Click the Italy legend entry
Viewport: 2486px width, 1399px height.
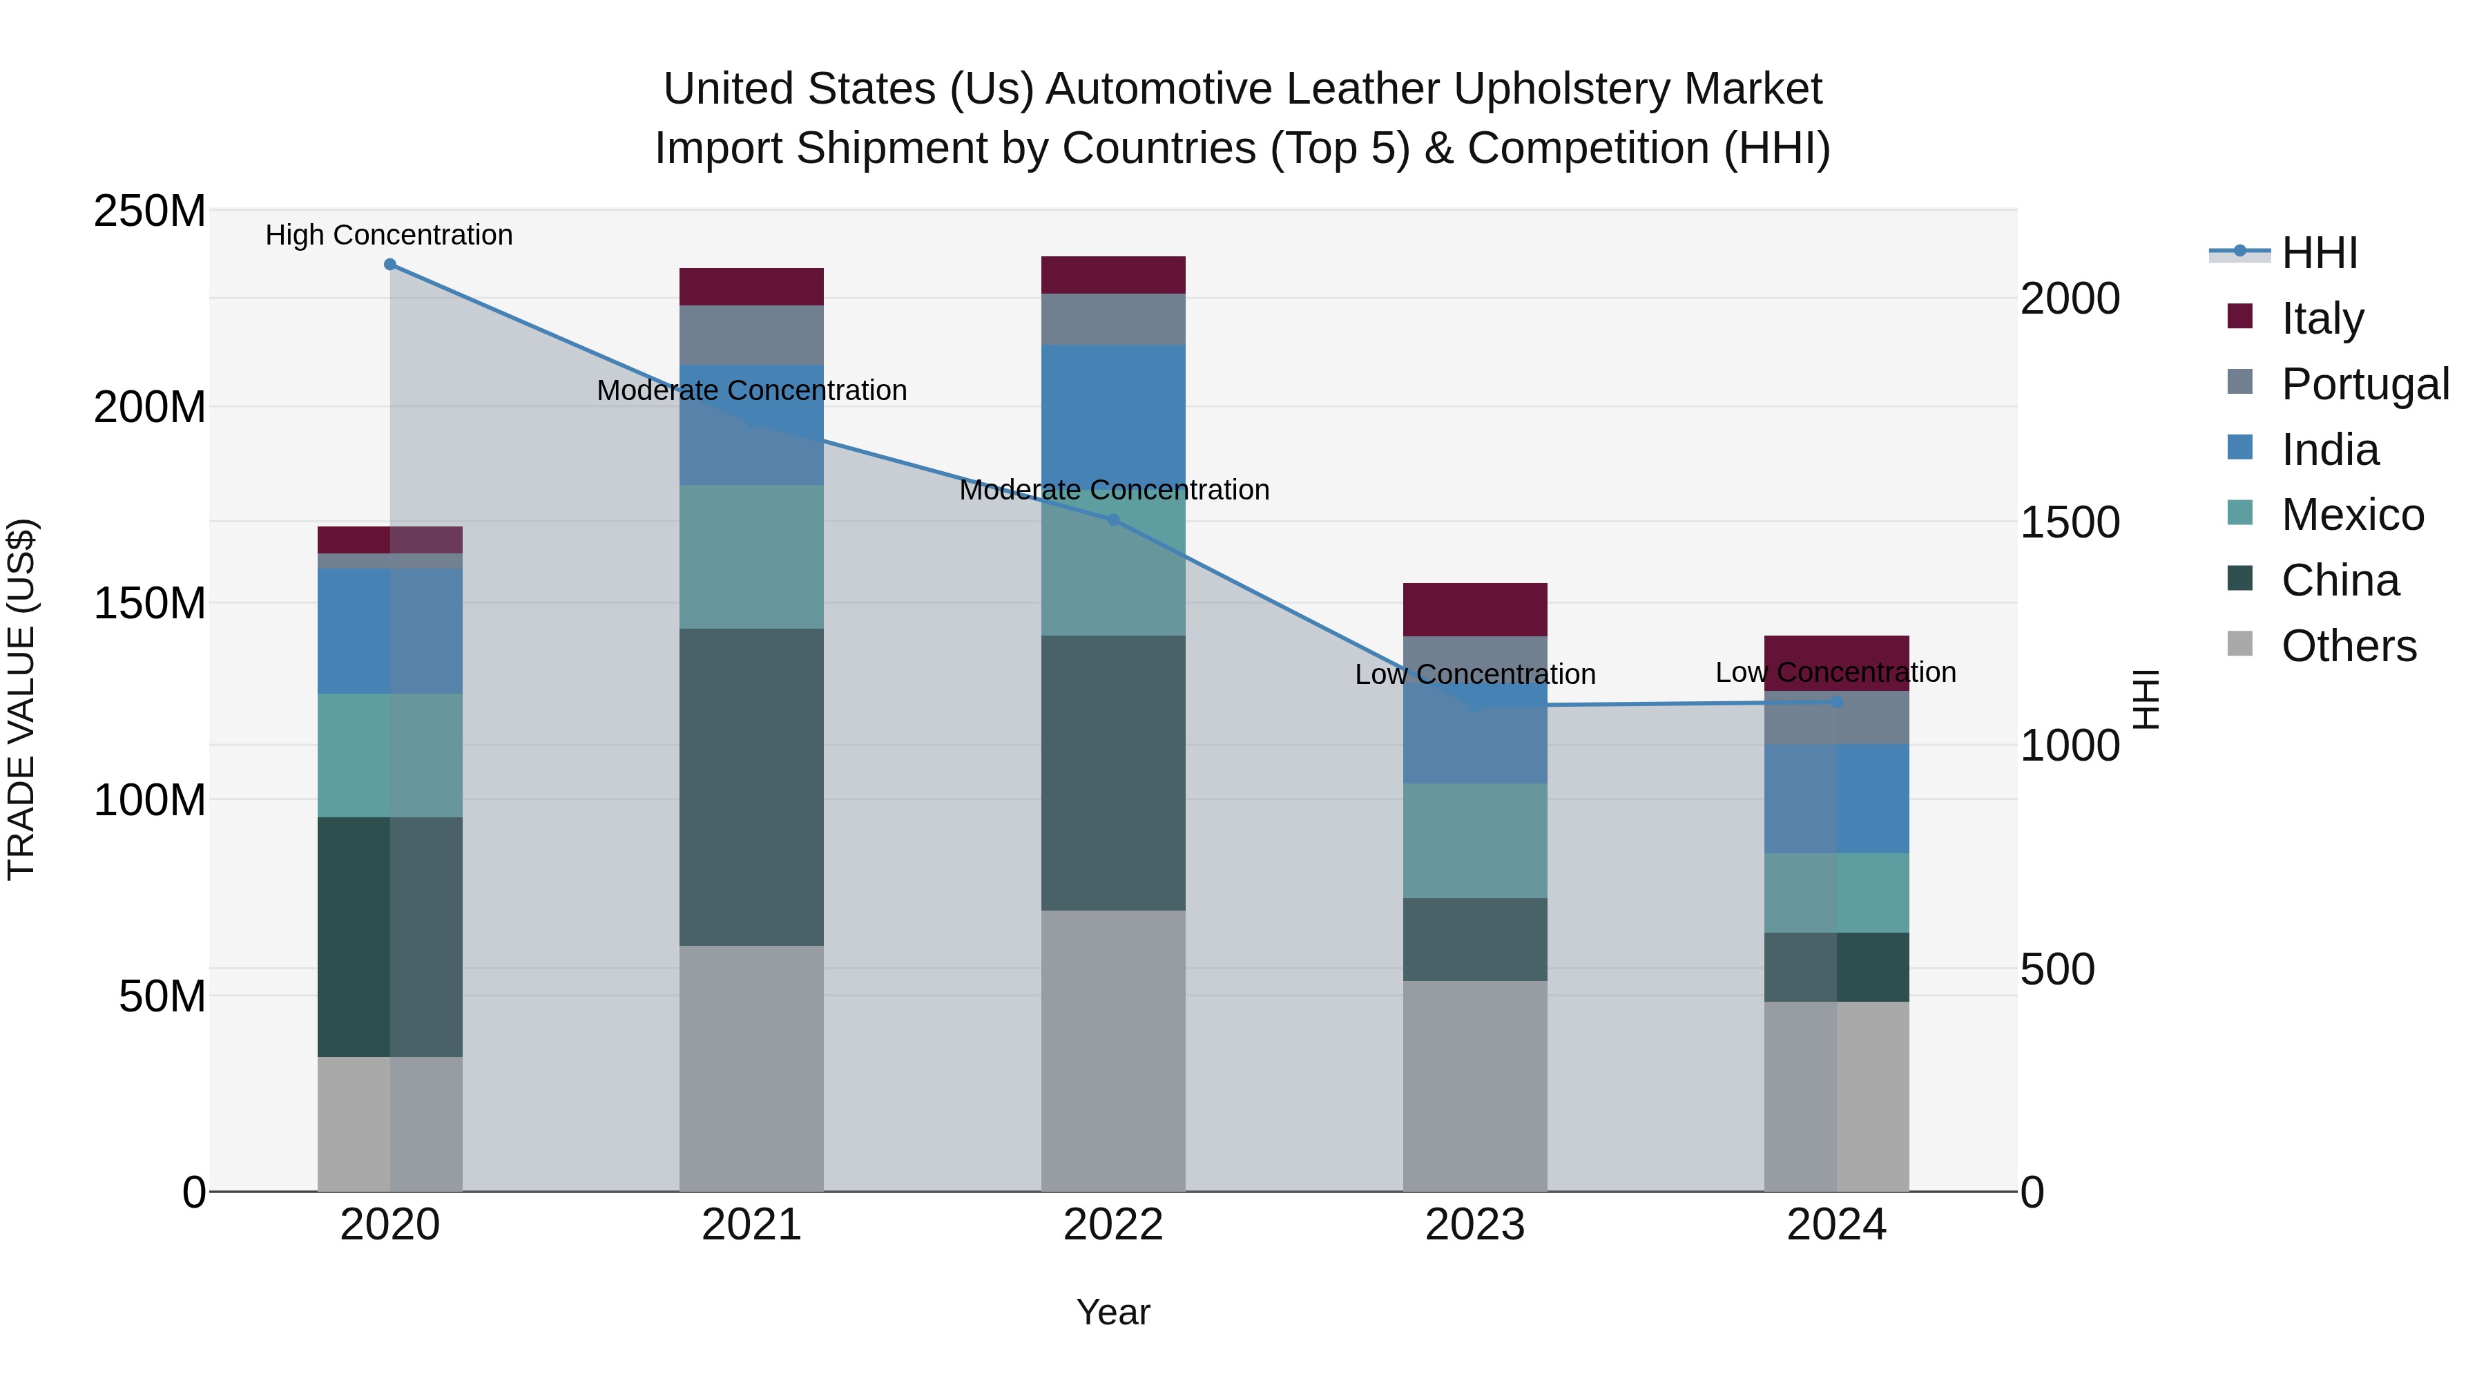pos(2321,318)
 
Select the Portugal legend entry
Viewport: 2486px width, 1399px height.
pos(2364,384)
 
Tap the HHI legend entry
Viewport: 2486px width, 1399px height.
pos(2319,253)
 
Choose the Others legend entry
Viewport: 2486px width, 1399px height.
pos(2348,646)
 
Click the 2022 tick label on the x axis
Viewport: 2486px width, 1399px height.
pos(1112,1225)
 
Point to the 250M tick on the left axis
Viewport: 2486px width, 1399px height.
pos(150,211)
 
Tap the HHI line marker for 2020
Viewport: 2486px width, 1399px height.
pos(390,265)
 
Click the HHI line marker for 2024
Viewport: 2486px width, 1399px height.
pos(1836,703)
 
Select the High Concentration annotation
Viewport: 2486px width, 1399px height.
pos(389,236)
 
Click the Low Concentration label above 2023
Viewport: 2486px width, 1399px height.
pos(1474,674)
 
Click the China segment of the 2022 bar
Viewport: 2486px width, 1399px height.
pos(1112,772)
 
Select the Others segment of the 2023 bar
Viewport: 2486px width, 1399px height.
pos(1474,1086)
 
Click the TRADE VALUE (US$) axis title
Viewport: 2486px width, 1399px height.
pos(21,700)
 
